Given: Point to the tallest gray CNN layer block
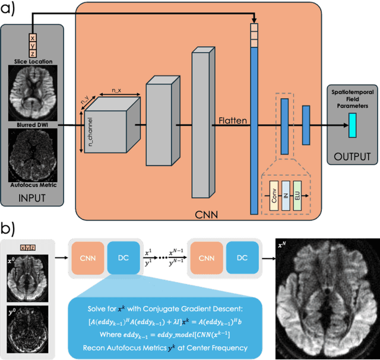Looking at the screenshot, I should (x=202, y=123).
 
